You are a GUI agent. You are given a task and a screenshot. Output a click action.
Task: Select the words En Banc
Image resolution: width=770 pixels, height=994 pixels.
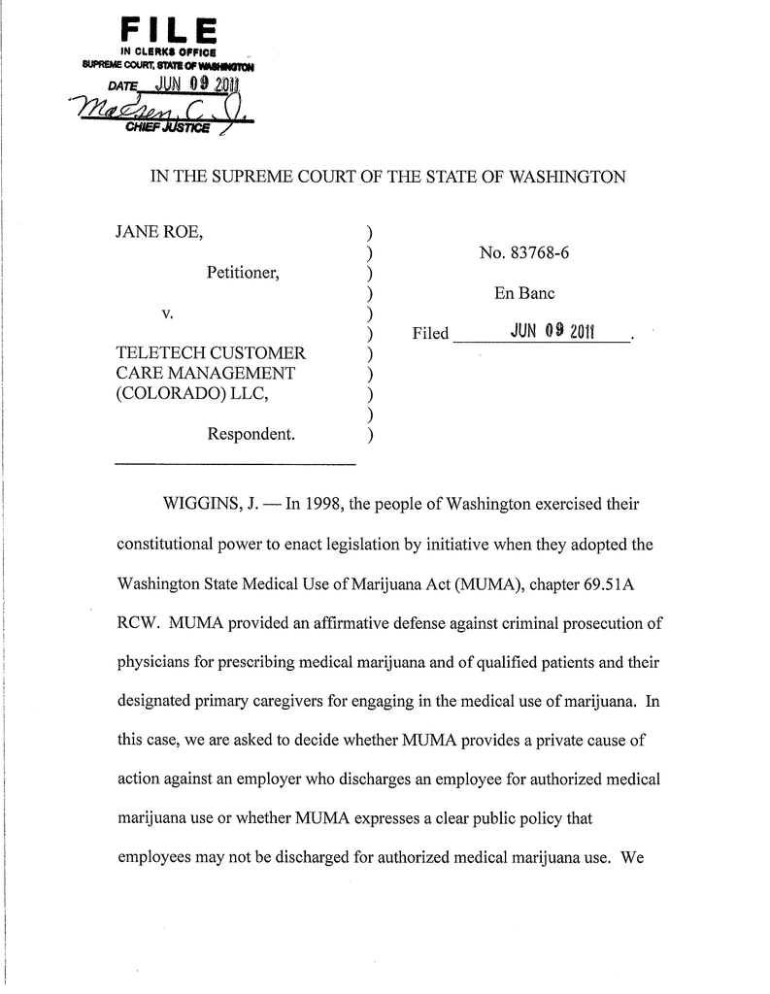524,293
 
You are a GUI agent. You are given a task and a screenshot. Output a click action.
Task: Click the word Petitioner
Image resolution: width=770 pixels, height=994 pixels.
244,274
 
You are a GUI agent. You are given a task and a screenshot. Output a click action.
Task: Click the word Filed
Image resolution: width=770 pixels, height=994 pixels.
430,334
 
